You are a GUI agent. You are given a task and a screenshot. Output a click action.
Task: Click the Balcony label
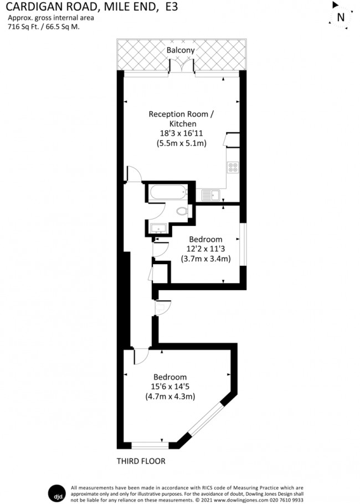(x=181, y=50)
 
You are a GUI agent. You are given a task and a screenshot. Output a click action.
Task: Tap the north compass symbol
(x=341, y=17)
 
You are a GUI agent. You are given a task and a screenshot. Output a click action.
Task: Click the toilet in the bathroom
(x=181, y=211)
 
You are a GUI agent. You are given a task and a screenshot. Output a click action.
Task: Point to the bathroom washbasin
(x=159, y=228)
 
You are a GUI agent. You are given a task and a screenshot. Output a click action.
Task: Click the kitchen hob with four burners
(x=233, y=167)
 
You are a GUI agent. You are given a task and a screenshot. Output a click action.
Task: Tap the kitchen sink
(x=211, y=194)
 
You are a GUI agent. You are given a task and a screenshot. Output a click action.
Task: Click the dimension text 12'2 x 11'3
(x=205, y=249)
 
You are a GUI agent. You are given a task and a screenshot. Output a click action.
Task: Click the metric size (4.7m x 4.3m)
(x=170, y=397)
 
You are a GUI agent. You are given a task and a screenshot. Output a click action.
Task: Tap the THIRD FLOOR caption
(x=141, y=461)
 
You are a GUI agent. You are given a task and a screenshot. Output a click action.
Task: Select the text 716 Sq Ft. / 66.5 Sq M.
(x=43, y=26)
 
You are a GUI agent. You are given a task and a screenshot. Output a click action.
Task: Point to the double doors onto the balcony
(x=181, y=67)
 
